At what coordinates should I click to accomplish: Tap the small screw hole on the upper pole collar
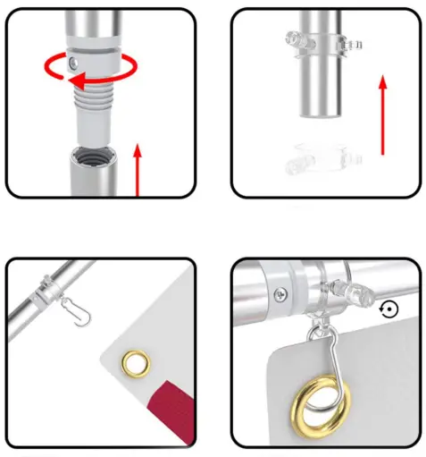point(76,60)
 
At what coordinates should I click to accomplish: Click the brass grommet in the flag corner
point(136,362)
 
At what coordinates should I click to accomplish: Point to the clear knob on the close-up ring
point(357,291)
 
